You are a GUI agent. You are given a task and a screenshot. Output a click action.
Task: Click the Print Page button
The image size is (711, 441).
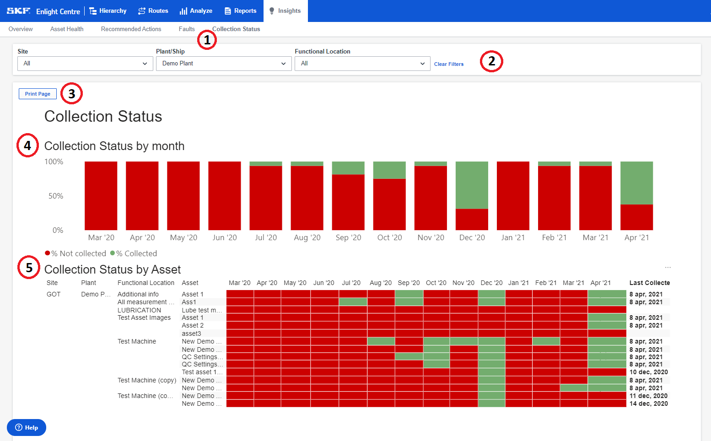38,94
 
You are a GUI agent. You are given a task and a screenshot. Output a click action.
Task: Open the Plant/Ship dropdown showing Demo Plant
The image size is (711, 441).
223,64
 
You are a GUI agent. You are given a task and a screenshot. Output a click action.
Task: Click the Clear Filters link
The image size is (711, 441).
448,64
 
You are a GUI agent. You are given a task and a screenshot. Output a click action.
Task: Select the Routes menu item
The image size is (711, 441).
153,11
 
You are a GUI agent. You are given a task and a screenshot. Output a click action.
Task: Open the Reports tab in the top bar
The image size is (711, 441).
240,11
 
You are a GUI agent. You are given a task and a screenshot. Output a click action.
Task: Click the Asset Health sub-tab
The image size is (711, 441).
67,29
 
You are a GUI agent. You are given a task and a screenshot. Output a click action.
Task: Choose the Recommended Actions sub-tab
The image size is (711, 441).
131,29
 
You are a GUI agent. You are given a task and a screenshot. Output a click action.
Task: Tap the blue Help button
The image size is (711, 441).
27,427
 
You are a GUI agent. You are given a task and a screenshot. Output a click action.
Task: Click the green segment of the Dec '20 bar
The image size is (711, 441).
472,185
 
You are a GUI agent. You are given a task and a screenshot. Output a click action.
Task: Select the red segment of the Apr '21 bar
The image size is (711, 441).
636,217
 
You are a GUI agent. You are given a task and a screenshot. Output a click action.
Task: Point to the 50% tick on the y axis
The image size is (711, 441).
56,196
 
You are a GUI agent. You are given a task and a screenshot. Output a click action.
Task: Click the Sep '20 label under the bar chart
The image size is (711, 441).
348,237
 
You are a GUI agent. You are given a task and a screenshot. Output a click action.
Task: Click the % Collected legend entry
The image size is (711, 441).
136,253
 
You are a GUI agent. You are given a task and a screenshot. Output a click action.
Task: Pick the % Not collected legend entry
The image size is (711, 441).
78,253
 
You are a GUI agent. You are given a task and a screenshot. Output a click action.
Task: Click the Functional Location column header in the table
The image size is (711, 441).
145,283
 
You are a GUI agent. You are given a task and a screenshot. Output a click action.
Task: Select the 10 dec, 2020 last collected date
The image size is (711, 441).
648,372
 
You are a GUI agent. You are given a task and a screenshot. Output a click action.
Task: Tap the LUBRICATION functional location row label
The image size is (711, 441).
139,310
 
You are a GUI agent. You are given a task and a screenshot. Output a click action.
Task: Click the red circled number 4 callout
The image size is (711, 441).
27,145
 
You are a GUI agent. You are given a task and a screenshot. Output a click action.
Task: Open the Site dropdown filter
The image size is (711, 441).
85,64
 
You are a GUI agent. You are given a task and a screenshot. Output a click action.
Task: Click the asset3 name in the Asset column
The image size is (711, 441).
191,333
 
